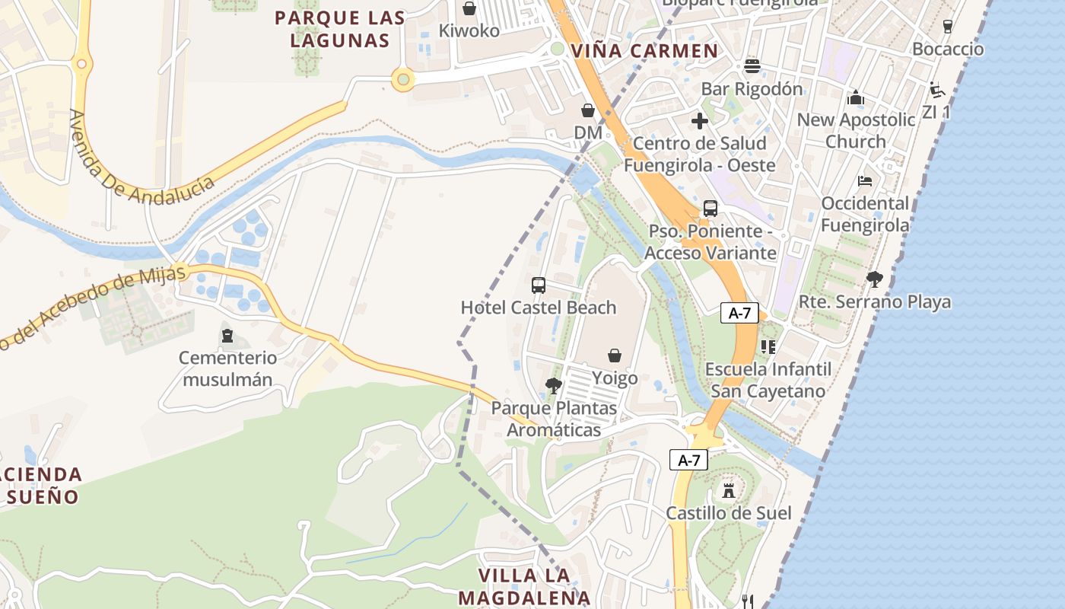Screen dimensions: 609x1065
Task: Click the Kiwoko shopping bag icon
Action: point(469,8)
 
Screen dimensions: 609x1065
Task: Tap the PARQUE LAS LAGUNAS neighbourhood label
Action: point(340,29)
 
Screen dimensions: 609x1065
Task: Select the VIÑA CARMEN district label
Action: point(644,51)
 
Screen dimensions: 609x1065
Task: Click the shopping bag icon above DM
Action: point(587,111)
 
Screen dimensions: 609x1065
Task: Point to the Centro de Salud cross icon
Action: point(700,120)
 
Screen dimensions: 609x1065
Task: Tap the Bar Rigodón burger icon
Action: point(752,65)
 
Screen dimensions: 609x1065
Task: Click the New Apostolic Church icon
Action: point(856,97)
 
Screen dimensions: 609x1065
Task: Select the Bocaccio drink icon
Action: point(947,27)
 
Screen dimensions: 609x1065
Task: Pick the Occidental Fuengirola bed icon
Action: point(865,181)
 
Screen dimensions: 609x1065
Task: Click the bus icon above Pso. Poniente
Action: point(710,208)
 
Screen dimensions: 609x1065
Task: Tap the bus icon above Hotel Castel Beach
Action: point(539,285)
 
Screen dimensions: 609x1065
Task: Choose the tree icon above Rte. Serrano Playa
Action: point(874,279)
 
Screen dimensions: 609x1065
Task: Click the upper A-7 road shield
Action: point(739,313)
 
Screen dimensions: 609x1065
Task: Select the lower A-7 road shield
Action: point(689,460)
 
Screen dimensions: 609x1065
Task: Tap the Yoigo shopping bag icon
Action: point(615,356)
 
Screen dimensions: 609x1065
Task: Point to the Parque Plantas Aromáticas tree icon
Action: point(554,386)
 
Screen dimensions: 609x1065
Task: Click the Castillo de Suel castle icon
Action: point(729,490)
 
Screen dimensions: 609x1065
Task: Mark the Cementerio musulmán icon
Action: point(227,335)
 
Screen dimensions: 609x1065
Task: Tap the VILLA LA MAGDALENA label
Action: point(524,586)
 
